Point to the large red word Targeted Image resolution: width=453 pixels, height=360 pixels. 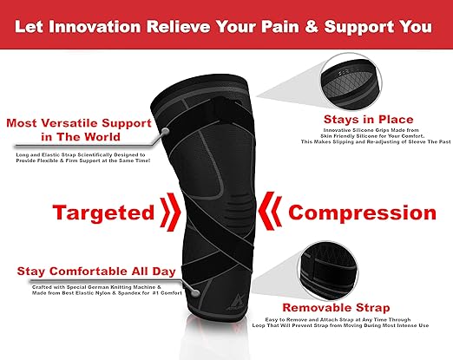(x=100, y=213)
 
